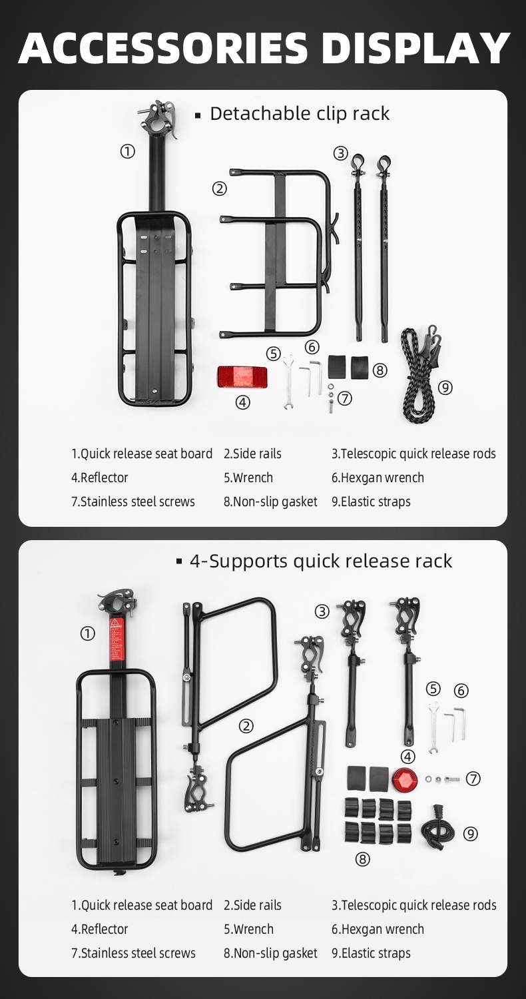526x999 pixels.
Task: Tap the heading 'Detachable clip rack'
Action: click(299, 114)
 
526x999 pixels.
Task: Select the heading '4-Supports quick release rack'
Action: click(320, 561)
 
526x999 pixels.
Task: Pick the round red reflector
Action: click(403, 777)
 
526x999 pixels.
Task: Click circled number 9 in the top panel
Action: click(445, 387)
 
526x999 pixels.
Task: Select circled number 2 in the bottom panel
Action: click(246, 726)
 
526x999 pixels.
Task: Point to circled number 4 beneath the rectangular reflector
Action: click(243, 402)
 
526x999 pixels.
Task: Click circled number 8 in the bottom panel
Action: click(362, 859)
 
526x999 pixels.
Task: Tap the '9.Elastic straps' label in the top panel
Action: click(371, 501)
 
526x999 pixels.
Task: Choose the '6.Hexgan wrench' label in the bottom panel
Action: click(378, 929)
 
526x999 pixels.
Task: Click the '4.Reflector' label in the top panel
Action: click(99, 478)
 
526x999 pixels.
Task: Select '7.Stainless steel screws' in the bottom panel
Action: click(133, 953)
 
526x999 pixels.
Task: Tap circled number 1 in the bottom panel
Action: click(87, 633)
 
